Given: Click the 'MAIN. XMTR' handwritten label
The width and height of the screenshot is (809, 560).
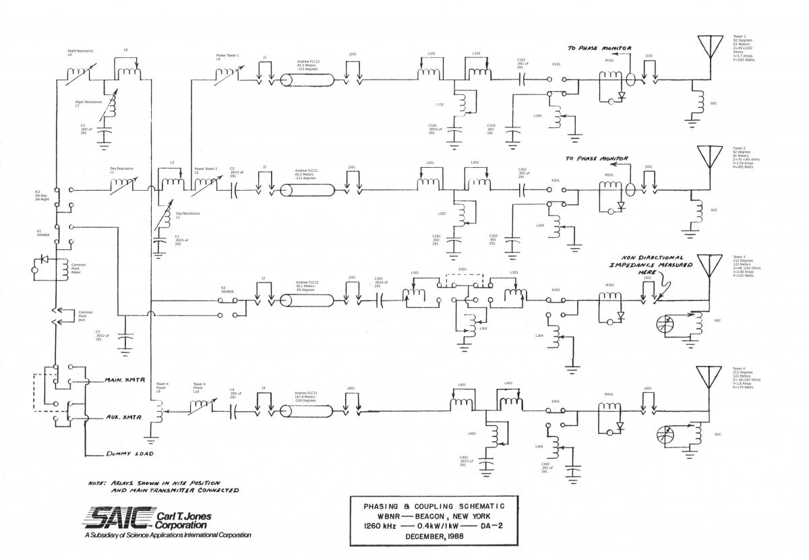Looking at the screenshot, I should pyautogui.click(x=121, y=381).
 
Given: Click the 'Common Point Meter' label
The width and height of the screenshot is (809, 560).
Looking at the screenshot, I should pyautogui.click(x=78, y=269).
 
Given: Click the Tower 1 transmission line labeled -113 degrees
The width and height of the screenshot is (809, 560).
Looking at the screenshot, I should pyautogui.click(x=307, y=80).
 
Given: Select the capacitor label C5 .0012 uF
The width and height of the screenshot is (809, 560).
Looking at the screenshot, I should pyautogui.click(x=98, y=336).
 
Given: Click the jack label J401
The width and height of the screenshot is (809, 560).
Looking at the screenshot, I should pyautogui.click(x=351, y=389).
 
